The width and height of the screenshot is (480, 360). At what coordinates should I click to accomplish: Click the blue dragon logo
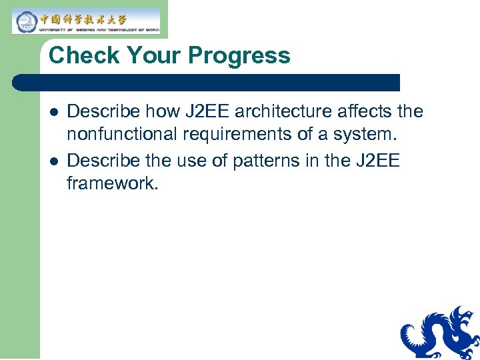point(440,333)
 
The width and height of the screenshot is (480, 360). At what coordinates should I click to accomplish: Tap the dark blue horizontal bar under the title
point(207,83)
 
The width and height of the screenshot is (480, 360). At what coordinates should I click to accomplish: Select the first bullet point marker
point(53,112)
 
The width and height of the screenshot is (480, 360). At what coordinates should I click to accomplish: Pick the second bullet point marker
point(53,161)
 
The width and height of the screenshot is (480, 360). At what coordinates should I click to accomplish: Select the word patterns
point(269,160)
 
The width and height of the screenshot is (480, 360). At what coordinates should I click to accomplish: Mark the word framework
point(112,184)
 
